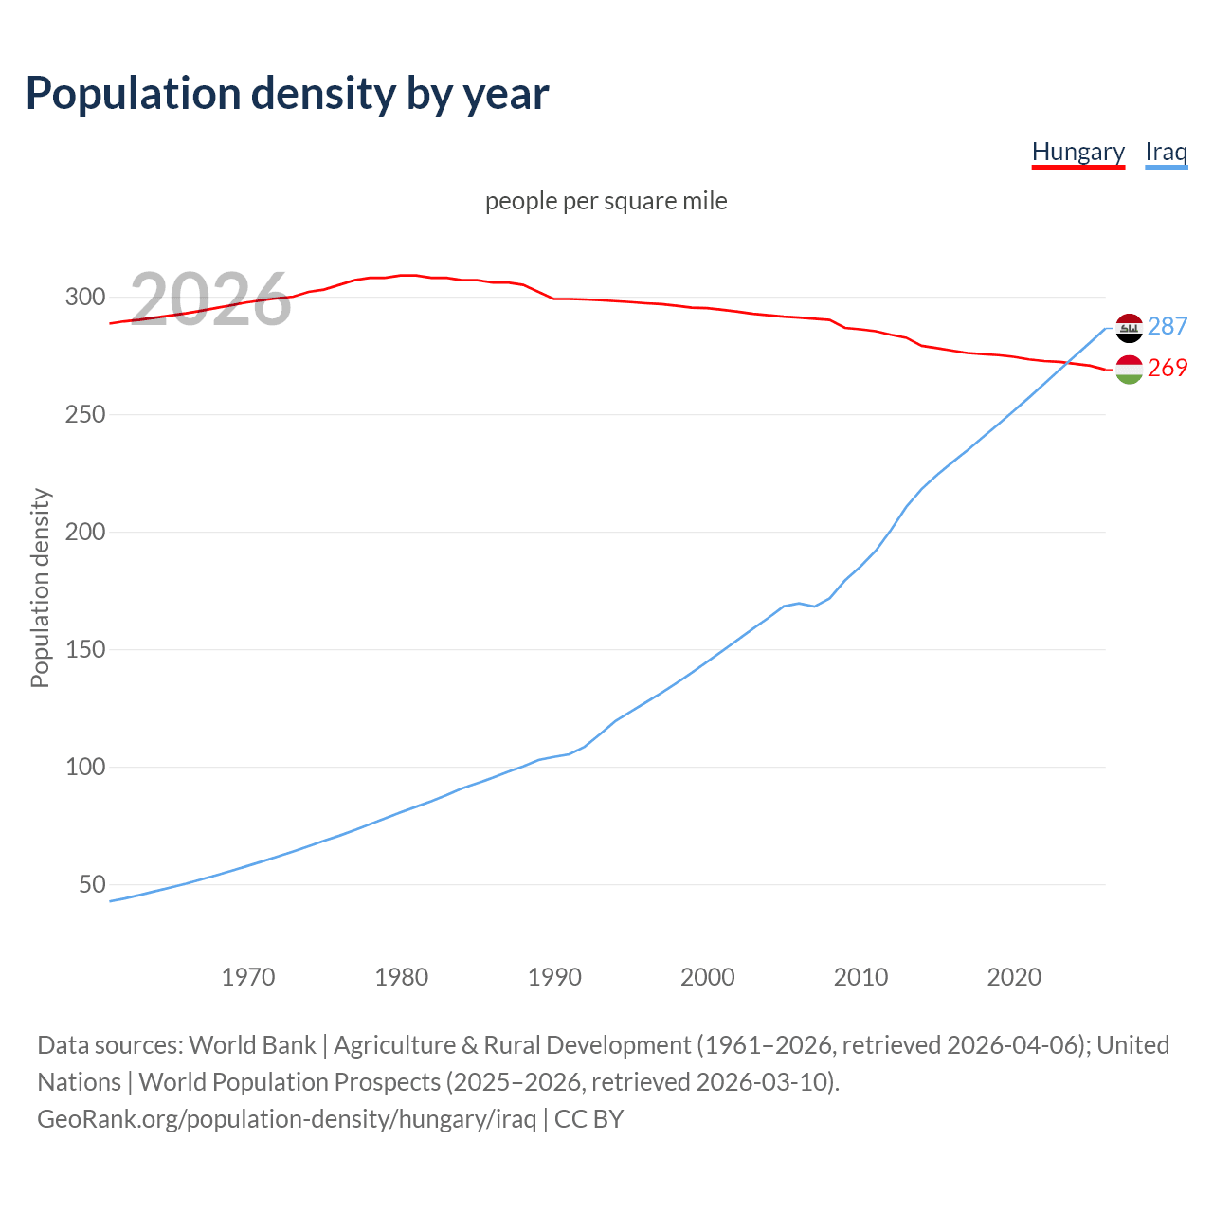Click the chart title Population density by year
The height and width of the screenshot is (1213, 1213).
point(287,94)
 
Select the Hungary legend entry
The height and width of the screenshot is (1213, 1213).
point(1077,152)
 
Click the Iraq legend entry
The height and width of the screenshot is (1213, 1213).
point(1166,152)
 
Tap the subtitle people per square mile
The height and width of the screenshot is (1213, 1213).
point(606,201)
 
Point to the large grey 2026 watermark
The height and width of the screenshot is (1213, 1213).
point(210,299)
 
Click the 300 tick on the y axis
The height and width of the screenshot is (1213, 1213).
point(85,297)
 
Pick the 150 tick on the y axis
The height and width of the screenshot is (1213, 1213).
point(85,649)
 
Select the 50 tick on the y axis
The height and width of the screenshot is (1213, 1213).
point(92,884)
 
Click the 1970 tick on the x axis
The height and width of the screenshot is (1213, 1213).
point(248,977)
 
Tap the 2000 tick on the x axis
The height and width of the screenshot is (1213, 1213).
point(708,977)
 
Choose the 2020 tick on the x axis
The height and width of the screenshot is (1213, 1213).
point(1014,977)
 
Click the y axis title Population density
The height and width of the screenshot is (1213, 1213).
point(40,588)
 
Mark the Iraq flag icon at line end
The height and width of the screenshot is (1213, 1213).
point(1129,328)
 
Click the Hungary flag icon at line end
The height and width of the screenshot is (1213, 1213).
point(1129,370)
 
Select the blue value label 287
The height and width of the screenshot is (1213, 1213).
point(1168,326)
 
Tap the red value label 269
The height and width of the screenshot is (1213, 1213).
point(1168,368)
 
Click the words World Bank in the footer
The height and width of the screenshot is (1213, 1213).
point(252,1045)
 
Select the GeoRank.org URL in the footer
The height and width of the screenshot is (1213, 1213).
point(286,1119)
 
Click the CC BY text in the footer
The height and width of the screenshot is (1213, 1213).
point(588,1119)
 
